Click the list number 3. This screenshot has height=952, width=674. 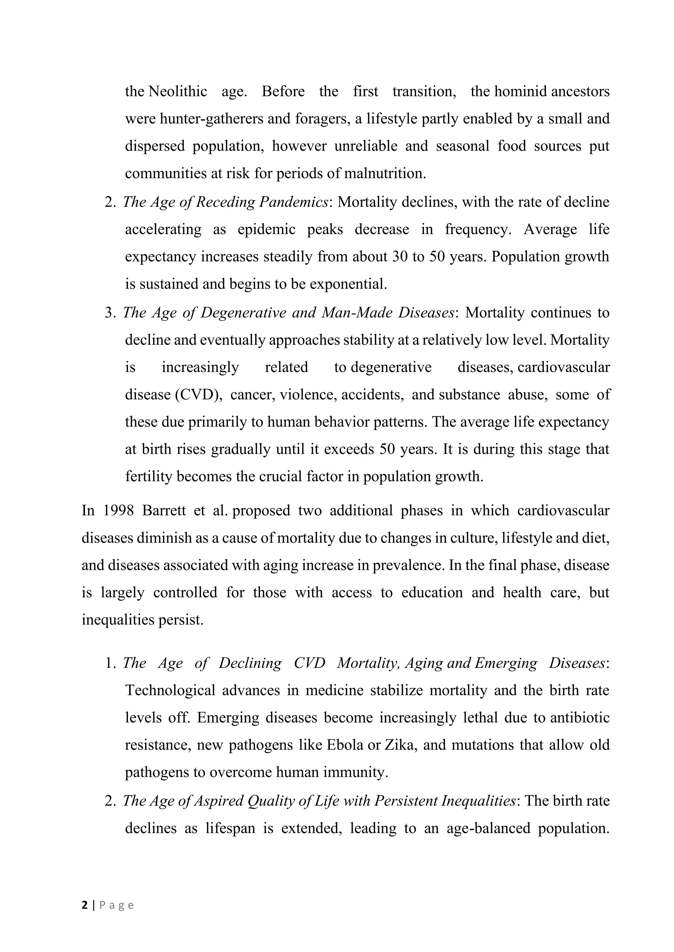coord(110,312)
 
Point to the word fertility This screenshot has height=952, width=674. coord(148,476)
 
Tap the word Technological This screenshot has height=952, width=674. coord(170,690)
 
